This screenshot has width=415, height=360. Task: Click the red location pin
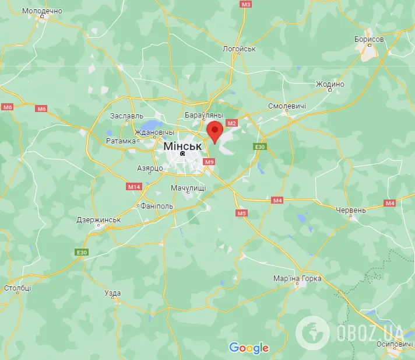[214, 131]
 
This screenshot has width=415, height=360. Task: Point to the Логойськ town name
[239, 49]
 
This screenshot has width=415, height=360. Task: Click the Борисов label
[369, 39]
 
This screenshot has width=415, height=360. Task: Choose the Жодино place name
[330, 84]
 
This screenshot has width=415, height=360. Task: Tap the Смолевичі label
[287, 106]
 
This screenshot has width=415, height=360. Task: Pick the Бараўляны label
[203, 116]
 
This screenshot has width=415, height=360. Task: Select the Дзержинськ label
[99, 220]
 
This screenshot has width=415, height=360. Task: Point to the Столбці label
[17, 288]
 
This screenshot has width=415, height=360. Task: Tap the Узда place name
[112, 293]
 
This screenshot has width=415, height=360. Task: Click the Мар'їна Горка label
[297, 278]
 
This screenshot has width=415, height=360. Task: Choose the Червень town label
[351, 210]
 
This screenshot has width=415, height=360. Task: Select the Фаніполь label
[157, 206]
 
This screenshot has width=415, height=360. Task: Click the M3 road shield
[246, 4]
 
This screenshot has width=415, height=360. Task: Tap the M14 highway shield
[133, 187]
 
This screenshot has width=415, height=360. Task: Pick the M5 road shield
[242, 214]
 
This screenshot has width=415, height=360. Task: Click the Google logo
[249, 348]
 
